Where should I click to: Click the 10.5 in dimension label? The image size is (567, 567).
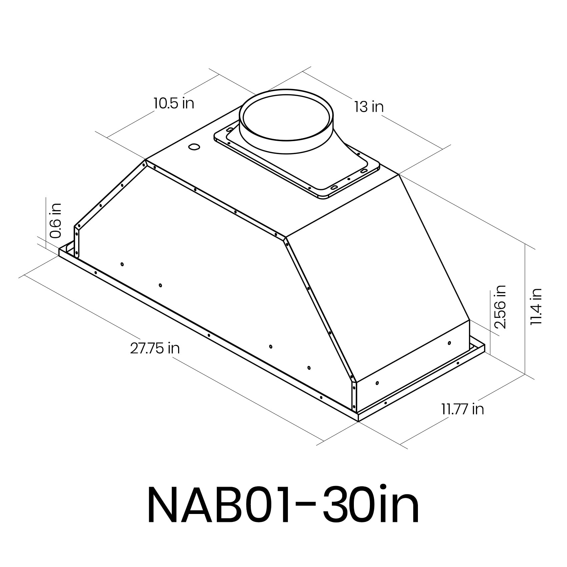[x=174, y=103]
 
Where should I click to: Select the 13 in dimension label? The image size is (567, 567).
[x=369, y=107]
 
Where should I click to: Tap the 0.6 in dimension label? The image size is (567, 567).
[x=55, y=220]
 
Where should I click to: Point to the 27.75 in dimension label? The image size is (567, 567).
[x=155, y=348]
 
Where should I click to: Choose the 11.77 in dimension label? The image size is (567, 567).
[x=463, y=409]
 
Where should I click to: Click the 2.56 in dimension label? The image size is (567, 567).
[x=500, y=307]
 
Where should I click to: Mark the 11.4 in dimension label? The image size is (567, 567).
[x=536, y=307]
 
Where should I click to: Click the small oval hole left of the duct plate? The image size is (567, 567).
[x=194, y=147]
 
